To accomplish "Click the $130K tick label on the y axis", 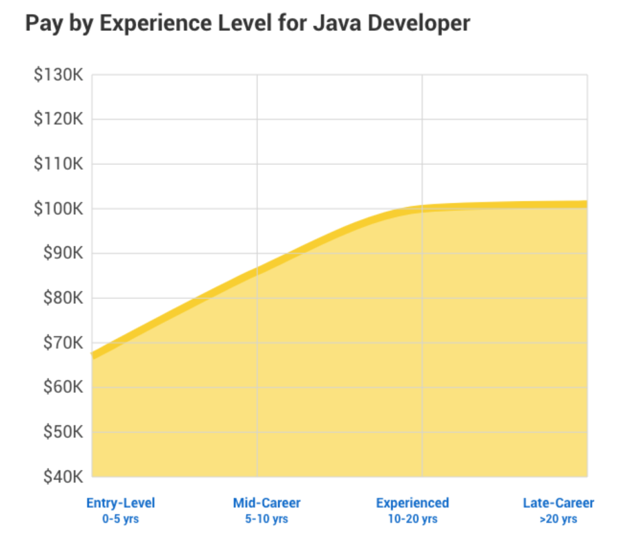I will tap(58, 75).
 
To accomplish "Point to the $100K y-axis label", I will tap(58, 209).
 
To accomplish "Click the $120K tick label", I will tap(58, 119).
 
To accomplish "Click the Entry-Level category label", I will tap(120, 503).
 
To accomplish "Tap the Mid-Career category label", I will tap(266, 503).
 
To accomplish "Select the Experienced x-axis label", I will tap(412, 503).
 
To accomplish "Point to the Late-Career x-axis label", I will tap(558, 503).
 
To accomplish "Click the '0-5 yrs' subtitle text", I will tap(120, 519).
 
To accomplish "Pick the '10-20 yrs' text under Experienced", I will tap(412, 519).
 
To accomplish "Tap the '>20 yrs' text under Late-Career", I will tap(558, 519).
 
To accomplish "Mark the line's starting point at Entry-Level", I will tap(93, 355).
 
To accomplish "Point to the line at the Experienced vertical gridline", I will tap(422, 209).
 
